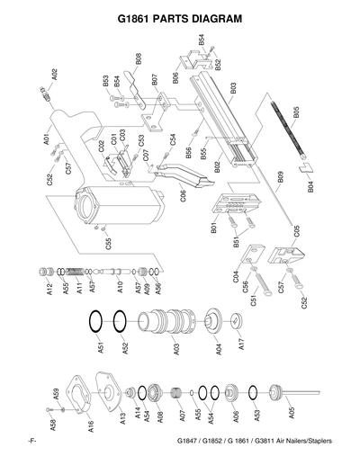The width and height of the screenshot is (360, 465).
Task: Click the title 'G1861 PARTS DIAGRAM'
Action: point(180,17)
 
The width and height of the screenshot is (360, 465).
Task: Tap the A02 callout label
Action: point(55,75)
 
